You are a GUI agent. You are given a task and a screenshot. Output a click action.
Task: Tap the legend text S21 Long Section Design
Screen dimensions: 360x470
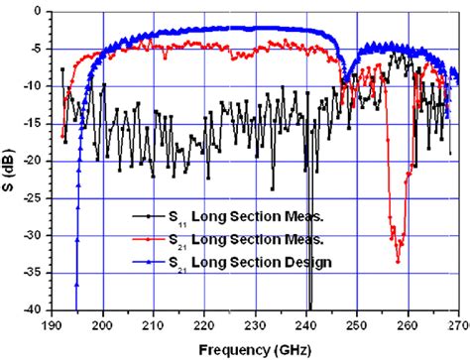pos(239,262)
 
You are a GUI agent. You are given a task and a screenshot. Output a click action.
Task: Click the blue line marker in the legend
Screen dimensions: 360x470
pos(147,260)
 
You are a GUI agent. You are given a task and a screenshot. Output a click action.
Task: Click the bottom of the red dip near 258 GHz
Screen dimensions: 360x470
pos(398,260)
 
